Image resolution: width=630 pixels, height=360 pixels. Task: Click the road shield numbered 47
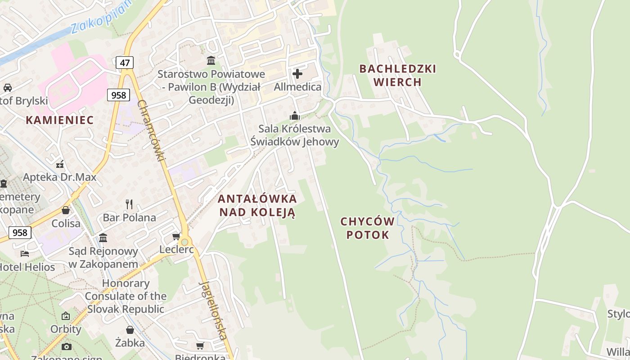124,62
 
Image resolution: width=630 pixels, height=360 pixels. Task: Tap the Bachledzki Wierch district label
398,75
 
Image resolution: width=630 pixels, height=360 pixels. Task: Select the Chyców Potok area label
368,228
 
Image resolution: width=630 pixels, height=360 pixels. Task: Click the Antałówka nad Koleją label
257,205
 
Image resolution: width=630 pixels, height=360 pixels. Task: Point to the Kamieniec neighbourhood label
60,120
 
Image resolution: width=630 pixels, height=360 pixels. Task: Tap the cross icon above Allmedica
297,73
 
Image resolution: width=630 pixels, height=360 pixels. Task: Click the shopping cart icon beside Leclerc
176,236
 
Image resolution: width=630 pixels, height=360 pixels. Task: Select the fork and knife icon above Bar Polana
129,204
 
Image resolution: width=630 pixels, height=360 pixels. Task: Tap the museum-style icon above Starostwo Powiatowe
211,60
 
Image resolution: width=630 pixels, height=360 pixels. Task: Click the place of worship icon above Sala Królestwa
295,116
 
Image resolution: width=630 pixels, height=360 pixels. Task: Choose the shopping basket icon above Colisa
66,210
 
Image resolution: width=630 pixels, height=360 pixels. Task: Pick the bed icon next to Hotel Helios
25,254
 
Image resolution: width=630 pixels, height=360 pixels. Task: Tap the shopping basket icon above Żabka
130,330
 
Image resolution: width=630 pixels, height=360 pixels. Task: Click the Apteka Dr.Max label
60,177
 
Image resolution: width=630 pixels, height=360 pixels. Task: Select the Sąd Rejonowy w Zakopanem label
103,257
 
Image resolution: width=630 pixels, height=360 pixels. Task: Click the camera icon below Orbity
66,346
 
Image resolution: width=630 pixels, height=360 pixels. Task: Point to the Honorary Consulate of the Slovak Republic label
126,296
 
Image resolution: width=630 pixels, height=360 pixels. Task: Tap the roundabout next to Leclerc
184,242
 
